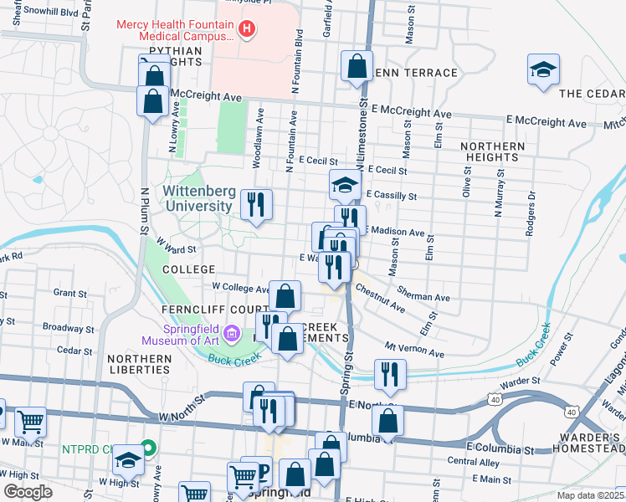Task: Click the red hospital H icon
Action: click(246, 31)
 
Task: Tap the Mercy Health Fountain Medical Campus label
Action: click(174, 30)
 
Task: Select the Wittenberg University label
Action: click(198, 199)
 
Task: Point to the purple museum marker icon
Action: click(234, 335)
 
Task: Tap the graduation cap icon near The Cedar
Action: click(543, 70)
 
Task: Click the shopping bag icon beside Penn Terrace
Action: click(357, 67)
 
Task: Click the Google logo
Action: click(27, 492)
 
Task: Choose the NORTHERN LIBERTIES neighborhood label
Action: click(139, 365)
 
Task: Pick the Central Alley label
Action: click(474, 461)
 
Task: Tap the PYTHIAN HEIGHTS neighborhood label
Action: click(175, 56)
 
